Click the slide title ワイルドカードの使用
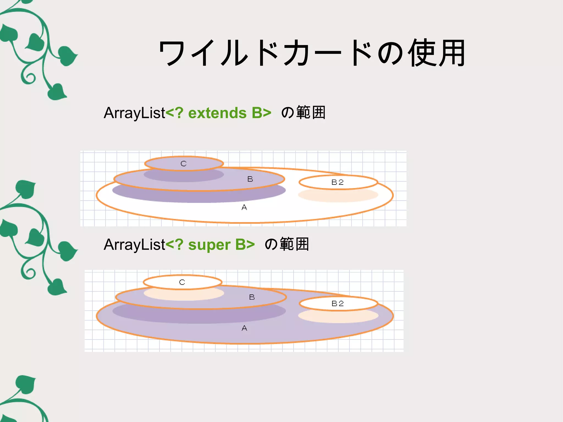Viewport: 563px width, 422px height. pyautogui.click(x=312, y=53)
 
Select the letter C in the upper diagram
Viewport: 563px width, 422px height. pyautogui.click(x=184, y=164)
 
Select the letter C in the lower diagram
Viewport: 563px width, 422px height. pyautogui.click(x=182, y=282)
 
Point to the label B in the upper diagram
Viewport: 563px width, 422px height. pyautogui.click(x=250, y=179)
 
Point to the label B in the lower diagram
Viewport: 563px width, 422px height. pyautogui.click(x=252, y=297)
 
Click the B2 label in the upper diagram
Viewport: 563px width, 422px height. pyautogui.click(x=338, y=182)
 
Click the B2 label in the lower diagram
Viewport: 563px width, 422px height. pyautogui.click(x=338, y=304)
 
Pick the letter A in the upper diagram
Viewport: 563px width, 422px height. pyautogui.click(x=244, y=208)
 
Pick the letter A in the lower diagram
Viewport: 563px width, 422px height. pyautogui.click(x=244, y=328)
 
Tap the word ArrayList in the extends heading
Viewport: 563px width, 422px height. pyautogui.click(x=134, y=113)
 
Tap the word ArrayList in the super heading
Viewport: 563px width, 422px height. pyautogui.click(x=134, y=245)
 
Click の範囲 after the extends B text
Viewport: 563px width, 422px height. pyautogui.click(x=303, y=113)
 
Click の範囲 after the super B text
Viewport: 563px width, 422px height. pyautogui.click(x=287, y=244)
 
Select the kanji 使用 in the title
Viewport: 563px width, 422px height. pyautogui.click(x=437, y=53)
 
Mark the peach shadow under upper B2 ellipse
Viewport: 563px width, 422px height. pyautogui.click(x=338, y=196)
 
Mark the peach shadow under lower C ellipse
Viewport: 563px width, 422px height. pyautogui.click(x=184, y=295)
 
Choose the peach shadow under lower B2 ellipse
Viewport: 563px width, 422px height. pyautogui.click(x=338, y=317)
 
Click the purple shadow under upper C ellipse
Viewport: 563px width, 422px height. pyautogui.click(x=184, y=176)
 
